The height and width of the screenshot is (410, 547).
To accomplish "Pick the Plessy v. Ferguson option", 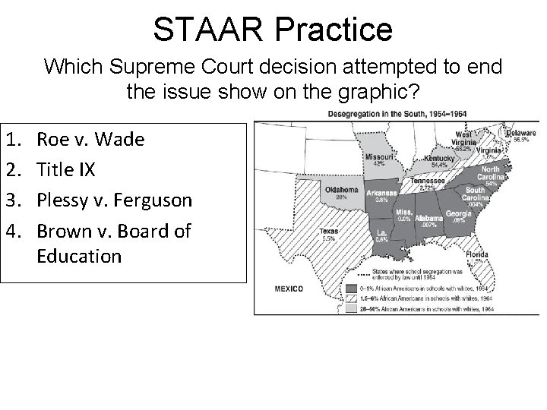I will [x=115, y=199].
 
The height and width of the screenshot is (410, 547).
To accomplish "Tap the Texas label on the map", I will [x=329, y=231].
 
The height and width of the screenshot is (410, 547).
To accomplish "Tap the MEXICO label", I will [x=288, y=289].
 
